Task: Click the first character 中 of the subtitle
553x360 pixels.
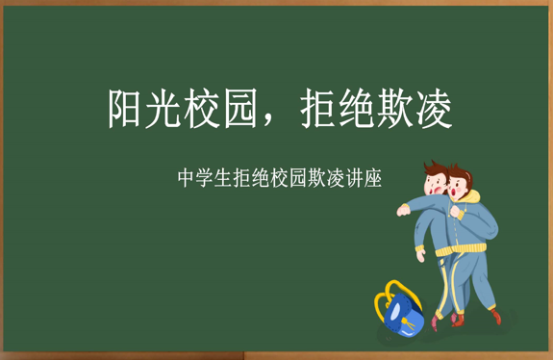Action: pyautogui.click(x=187, y=178)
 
